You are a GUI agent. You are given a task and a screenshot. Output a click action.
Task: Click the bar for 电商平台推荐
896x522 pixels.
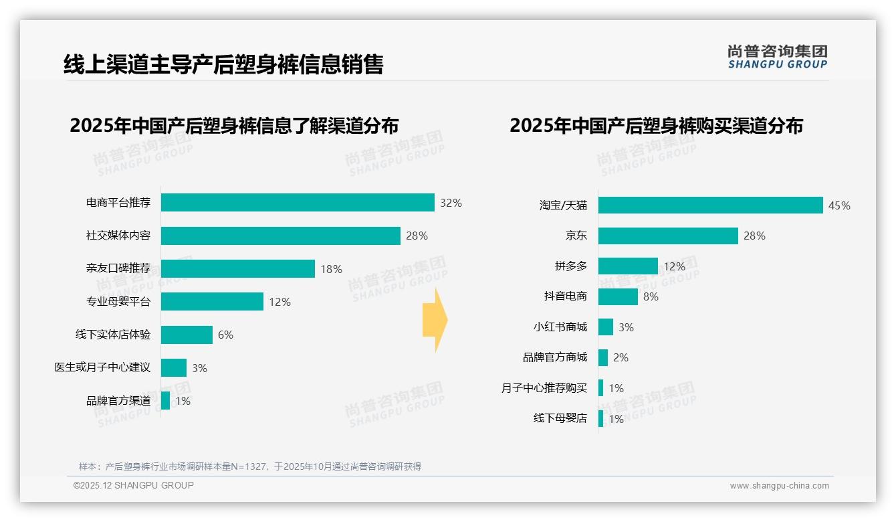[298, 203]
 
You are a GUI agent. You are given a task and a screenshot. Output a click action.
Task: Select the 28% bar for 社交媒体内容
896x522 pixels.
[280, 236]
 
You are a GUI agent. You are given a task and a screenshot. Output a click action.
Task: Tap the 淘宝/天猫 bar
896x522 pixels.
[710, 205]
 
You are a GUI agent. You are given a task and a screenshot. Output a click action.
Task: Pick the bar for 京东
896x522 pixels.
[668, 236]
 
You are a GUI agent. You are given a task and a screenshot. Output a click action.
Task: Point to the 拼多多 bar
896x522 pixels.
[628, 266]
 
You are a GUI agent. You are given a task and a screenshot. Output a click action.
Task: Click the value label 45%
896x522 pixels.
[839, 206]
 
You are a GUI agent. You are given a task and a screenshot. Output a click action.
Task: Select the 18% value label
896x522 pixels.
[331, 269]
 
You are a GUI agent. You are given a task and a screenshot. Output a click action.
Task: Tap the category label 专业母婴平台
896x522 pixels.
[118, 302]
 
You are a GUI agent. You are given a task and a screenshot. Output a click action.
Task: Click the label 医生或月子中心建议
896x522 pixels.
[102, 367]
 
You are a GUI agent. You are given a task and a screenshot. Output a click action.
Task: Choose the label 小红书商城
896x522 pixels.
[560, 327]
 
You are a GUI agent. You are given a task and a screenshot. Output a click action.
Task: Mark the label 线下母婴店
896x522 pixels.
[560, 418]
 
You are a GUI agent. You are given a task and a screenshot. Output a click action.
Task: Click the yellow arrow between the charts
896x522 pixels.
[435, 321]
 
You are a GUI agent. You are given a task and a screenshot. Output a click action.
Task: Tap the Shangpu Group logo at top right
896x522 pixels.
[777, 57]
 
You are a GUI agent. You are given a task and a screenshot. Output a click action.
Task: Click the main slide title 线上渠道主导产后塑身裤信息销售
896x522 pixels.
[223, 64]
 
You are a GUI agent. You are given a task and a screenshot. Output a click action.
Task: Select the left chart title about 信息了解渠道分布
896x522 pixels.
[234, 126]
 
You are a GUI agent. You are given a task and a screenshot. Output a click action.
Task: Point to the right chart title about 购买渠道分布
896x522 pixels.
[656, 126]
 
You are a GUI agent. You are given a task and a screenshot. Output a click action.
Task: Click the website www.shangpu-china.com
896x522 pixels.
[779, 486]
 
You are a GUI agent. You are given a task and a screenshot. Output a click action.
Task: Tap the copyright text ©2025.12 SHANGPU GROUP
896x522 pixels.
[134, 485]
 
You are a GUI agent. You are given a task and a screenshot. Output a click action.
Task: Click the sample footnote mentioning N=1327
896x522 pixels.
[250, 466]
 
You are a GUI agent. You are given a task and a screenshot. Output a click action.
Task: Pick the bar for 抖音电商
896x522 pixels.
[618, 296]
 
